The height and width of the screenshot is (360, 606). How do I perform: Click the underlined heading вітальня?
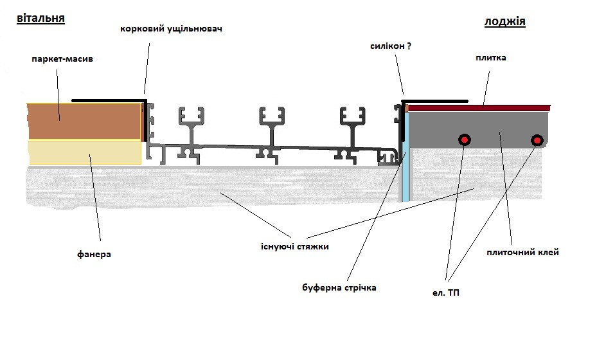click(40, 19)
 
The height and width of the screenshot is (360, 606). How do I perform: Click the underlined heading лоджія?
click(504, 22)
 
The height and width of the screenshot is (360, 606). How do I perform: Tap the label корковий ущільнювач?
click(171, 29)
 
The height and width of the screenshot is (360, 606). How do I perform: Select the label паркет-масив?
click(62, 59)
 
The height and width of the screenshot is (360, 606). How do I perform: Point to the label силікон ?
click(390, 46)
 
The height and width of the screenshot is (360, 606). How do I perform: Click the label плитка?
click(491, 58)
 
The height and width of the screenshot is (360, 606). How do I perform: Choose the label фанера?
click(94, 255)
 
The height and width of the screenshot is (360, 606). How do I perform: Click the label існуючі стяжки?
click(294, 247)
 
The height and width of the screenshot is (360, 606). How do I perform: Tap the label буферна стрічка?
click(339, 288)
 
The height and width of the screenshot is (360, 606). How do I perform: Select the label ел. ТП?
click(445, 293)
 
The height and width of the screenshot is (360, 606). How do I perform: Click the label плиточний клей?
click(522, 253)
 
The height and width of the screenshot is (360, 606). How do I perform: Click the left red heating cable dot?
click(464, 139)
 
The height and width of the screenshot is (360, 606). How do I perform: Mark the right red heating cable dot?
click(537, 140)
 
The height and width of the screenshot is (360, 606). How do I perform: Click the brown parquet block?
click(85, 121)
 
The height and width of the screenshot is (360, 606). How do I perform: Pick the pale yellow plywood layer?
click(85, 152)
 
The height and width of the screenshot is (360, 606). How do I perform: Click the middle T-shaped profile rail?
click(272, 136)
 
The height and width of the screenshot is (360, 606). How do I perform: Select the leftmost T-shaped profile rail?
click(191, 136)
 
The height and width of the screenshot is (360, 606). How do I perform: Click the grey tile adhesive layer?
click(478, 129)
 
